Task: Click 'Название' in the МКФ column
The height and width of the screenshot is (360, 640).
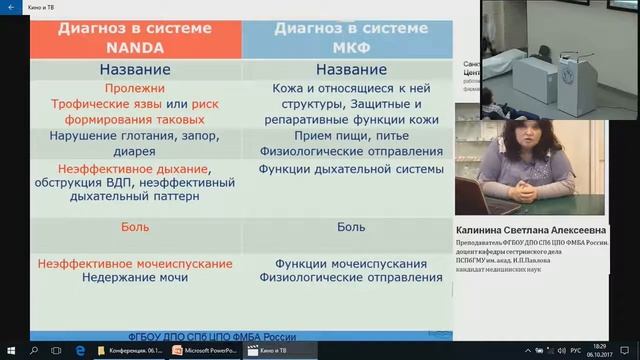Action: pos(344,70)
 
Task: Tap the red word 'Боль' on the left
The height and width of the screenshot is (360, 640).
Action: pos(135,227)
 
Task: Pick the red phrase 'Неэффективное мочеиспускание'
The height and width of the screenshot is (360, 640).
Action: pos(135,262)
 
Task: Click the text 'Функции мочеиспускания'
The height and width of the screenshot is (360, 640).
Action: pos(344,262)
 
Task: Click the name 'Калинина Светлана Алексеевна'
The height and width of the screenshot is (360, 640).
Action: pos(531,230)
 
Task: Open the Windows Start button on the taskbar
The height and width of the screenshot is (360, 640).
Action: pos(11,351)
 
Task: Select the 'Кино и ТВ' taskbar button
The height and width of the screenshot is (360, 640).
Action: pos(270,351)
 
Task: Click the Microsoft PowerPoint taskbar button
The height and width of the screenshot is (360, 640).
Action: pos(203,351)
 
